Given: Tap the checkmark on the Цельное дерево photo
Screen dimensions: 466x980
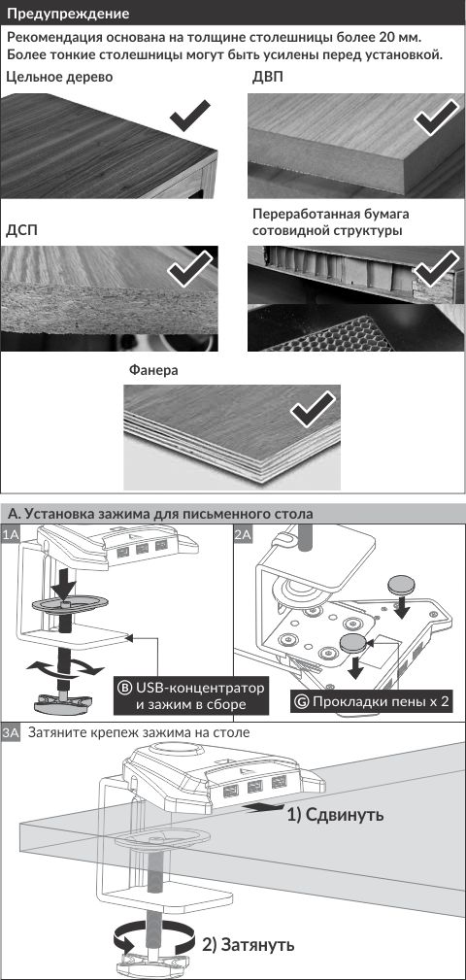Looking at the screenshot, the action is pos(190,115).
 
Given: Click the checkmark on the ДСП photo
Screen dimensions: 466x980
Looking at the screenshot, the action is pos(190,269).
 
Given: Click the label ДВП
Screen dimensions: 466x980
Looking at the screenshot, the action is pos(267,78).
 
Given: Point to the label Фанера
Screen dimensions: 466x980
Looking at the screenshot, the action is pos(153,370).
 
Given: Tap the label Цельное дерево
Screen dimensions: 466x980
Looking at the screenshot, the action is pos(59,78).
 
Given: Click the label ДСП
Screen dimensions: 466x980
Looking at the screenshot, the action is pos(22,230).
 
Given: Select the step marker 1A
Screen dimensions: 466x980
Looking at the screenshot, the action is pos(12,534).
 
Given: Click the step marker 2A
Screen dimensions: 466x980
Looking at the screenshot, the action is pos(244,534).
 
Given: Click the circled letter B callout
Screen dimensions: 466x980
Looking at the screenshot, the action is pos(124,688).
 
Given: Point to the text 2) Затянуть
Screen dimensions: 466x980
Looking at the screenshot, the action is pos(248,944).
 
